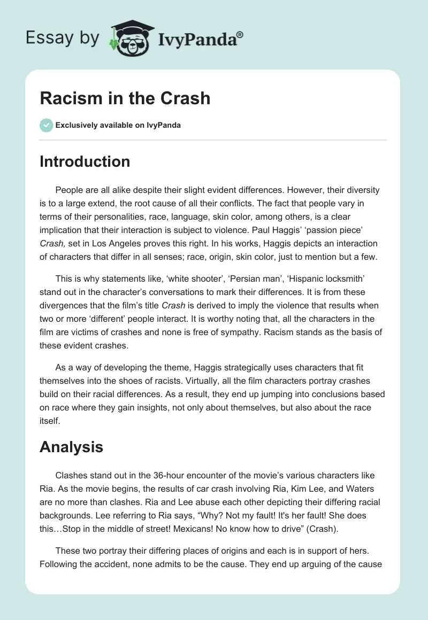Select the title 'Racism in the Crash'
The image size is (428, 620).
(x=125, y=98)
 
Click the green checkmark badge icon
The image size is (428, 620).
(x=46, y=125)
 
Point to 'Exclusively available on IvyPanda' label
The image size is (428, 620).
(x=118, y=126)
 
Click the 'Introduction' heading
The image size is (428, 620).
(x=85, y=161)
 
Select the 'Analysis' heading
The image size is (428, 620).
(x=71, y=447)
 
